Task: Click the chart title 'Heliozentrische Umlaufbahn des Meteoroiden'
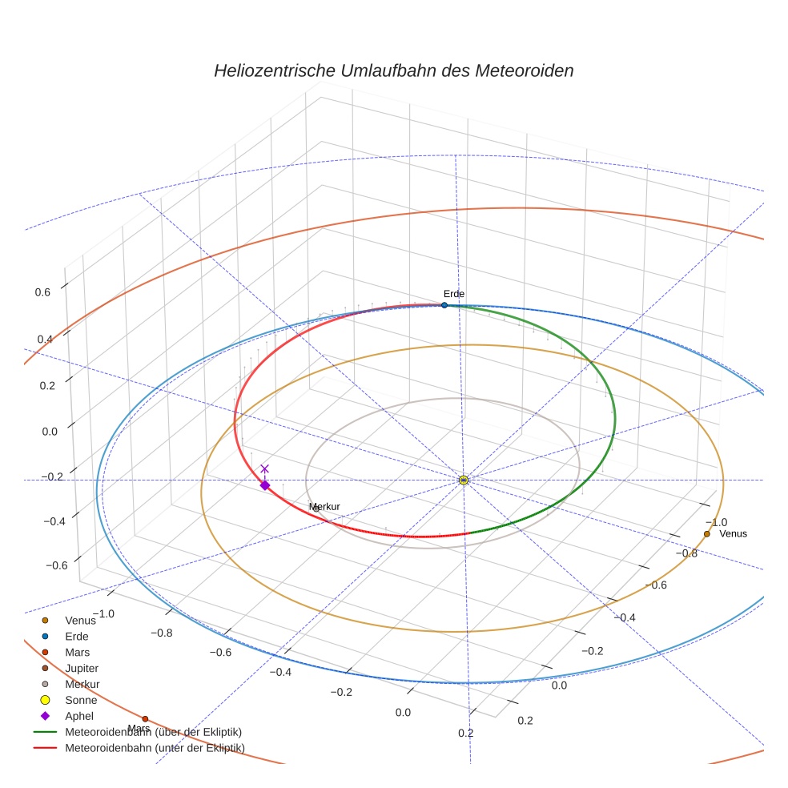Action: (x=393, y=70)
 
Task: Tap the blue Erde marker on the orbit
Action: (x=444, y=305)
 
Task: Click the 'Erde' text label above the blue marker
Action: (x=453, y=294)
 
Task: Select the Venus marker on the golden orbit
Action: (x=706, y=534)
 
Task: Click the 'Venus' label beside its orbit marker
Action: (x=733, y=534)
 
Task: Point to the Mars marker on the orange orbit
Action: (x=145, y=718)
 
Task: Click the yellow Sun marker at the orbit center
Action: (x=464, y=480)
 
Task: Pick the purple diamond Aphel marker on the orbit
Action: (x=265, y=484)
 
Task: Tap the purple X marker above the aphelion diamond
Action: (x=265, y=468)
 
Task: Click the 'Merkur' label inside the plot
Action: (x=324, y=507)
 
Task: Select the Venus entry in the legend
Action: (x=79, y=620)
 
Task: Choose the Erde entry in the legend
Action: (x=77, y=636)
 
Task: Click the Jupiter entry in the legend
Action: (x=82, y=668)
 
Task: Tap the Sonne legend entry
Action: (x=81, y=700)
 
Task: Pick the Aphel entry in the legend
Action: (x=79, y=716)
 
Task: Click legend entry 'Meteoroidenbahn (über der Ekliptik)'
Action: (x=153, y=732)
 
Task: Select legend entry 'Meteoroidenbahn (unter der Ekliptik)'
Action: (x=155, y=748)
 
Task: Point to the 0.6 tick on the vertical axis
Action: (x=42, y=292)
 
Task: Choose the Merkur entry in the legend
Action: (x=82, y=684)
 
